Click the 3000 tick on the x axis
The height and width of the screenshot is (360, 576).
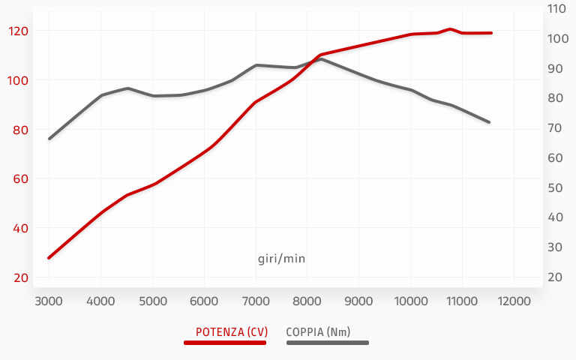[49, 301]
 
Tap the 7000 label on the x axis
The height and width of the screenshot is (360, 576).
[256, 301]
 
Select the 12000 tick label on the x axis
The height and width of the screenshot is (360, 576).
[514, 301]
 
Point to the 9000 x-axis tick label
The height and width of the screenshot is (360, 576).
[358, 301]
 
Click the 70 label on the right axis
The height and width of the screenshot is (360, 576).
[556, 128]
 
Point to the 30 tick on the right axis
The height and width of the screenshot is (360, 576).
[556, 247]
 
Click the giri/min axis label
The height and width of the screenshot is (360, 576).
[281, 259]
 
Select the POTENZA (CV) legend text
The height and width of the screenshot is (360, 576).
[226, 331]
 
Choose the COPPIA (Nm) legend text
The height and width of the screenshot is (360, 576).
[318, 331]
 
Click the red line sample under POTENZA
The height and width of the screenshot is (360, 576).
[225, 343]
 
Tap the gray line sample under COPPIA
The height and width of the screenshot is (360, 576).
[328, 343]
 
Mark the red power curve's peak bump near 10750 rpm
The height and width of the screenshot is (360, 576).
[449, 29]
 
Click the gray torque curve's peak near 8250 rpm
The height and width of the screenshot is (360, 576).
[321, 58]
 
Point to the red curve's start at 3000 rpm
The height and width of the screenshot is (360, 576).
[49, 258]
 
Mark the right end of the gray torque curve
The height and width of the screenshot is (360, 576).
[489, 122]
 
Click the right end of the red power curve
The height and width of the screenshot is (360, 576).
[491, 33]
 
